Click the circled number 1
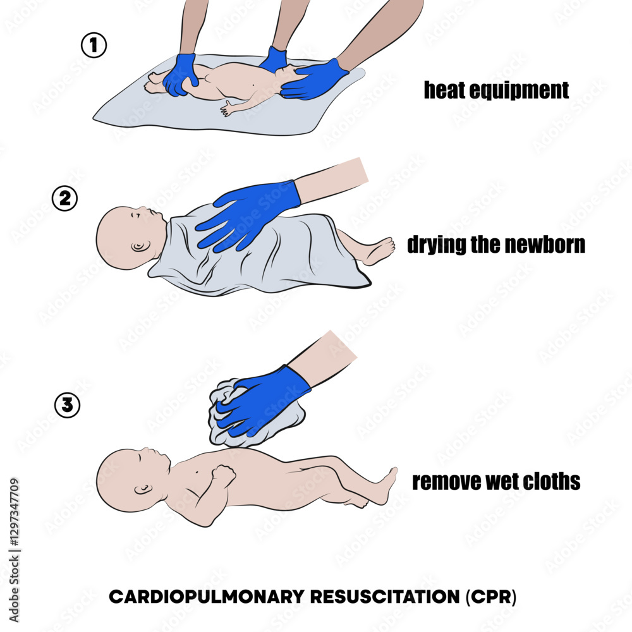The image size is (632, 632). coord(94,46)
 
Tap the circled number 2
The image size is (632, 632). coord(64,198)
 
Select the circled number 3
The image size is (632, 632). coord(68,405)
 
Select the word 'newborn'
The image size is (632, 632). coord(546,245)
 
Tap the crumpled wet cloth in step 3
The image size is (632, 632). coord(253,411)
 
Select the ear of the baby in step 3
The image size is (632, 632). coord(142,490)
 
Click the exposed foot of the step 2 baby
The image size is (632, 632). coord(379,250)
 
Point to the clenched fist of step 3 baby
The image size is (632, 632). coord(223,473)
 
